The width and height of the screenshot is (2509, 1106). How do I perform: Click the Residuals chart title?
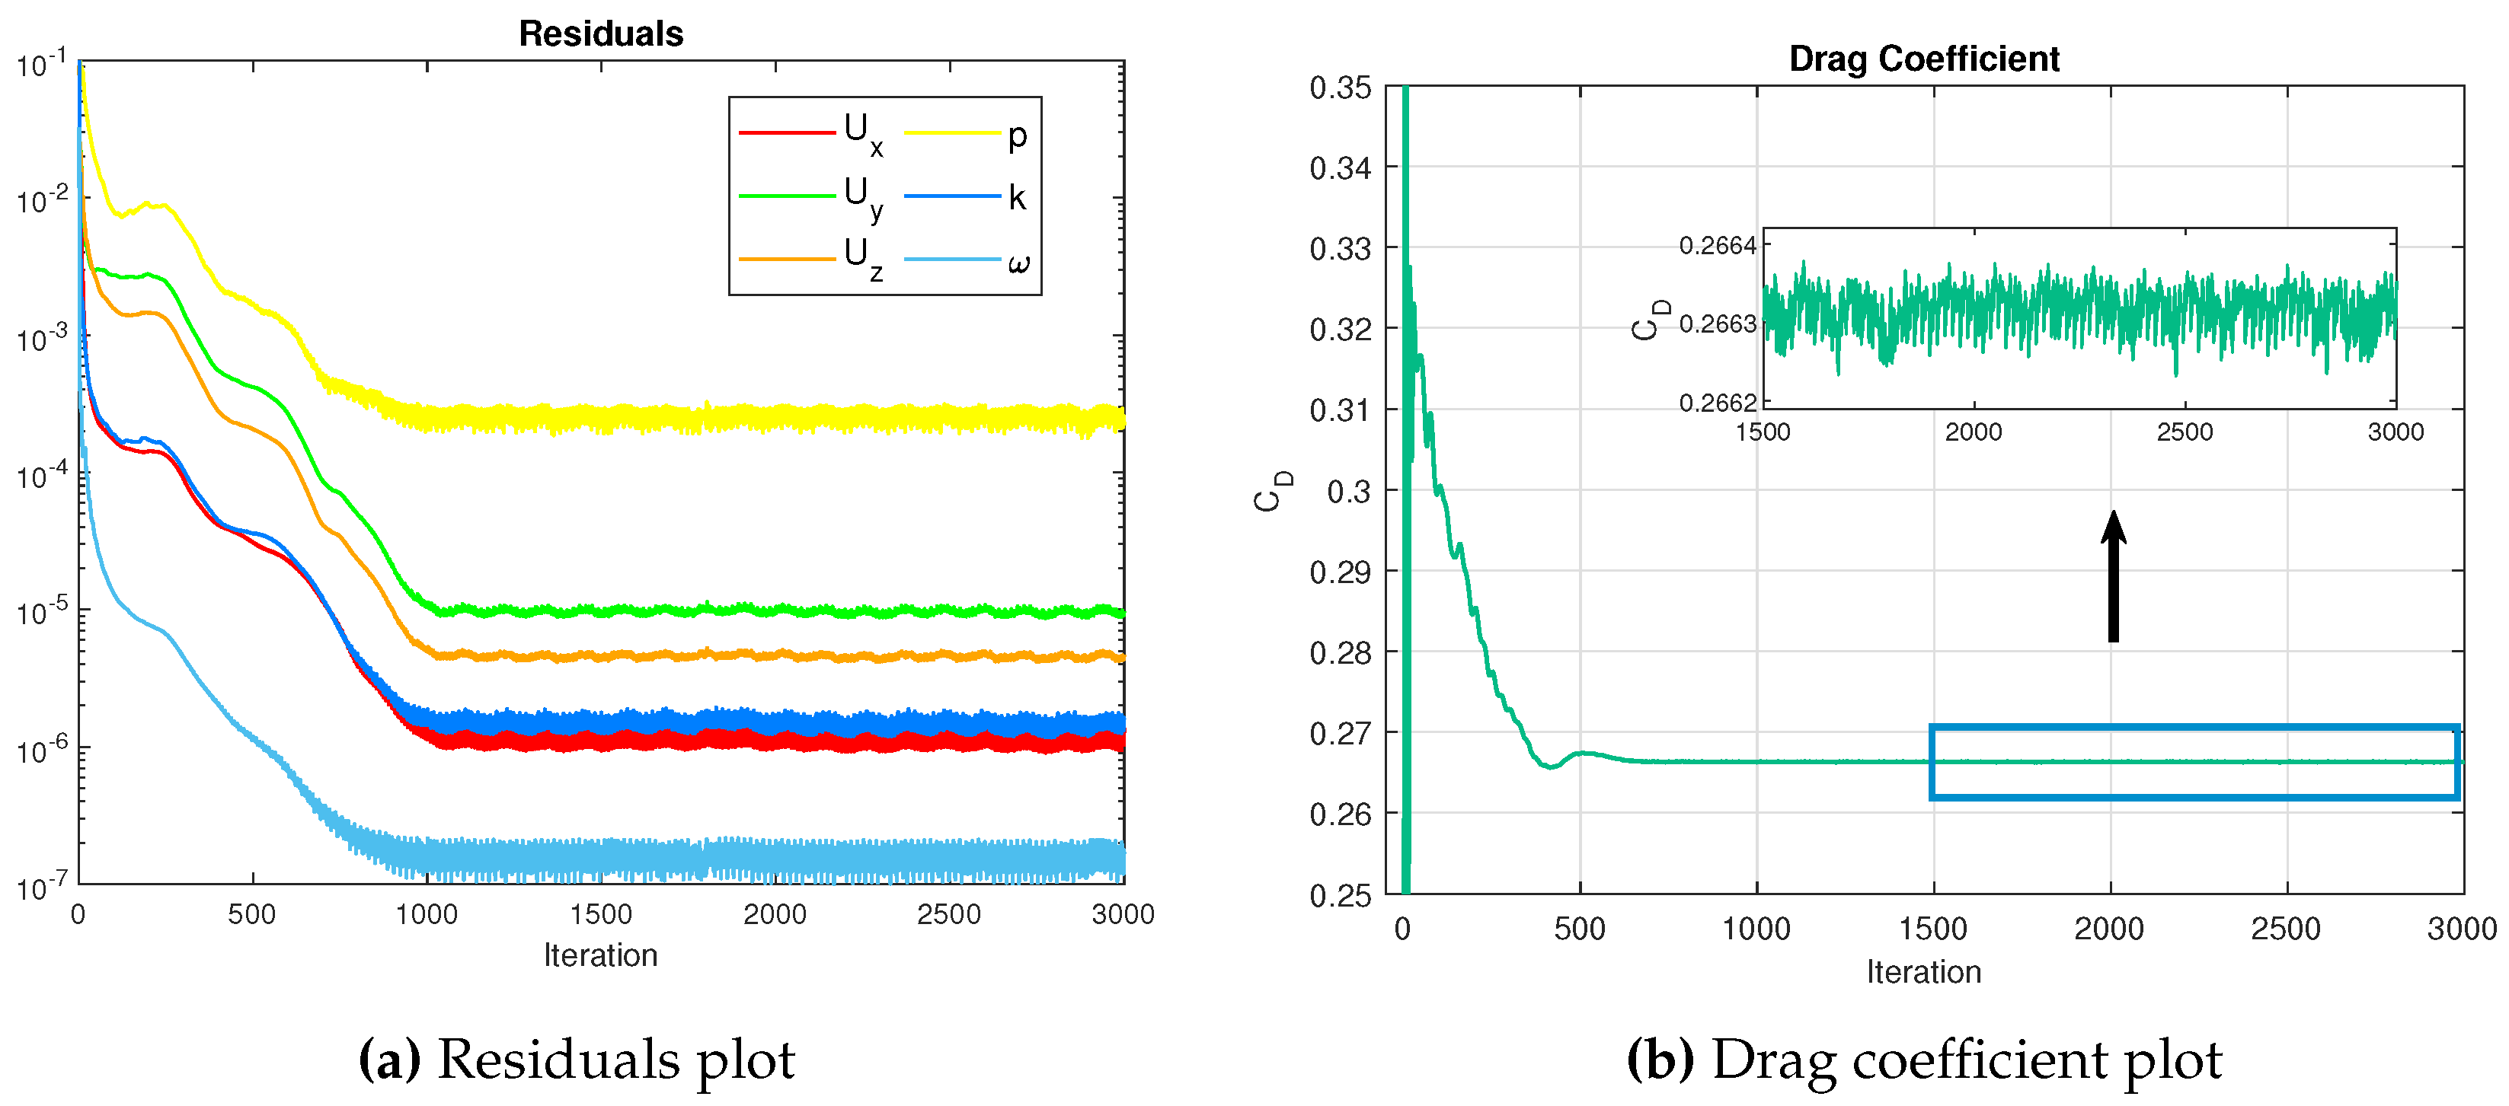coord(601,34)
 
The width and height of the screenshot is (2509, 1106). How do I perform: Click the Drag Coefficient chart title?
coord(1923,59)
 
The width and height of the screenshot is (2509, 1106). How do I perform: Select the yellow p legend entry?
coord(1016,135)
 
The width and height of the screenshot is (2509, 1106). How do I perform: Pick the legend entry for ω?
coord(1018,262)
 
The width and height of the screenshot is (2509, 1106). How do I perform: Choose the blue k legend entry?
coord(1016,198)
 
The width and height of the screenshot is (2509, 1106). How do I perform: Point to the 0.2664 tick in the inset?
coord(1717,245)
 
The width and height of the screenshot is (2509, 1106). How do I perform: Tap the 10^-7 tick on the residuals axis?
coord(43,886)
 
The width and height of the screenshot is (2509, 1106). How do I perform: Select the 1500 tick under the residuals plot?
coord(600,915)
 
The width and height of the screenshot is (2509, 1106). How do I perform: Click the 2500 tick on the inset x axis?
coord(2184,432)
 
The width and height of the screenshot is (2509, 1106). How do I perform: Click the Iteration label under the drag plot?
coord(1923,971)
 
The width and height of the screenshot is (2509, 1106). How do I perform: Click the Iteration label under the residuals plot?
coord(600,955)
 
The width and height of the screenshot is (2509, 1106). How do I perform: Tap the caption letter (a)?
coord(389,1060)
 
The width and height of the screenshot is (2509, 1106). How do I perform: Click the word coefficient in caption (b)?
coord(1978,1060)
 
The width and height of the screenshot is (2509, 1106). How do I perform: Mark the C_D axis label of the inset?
coord(1649,320)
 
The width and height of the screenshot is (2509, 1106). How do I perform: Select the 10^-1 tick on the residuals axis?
coord(43,64)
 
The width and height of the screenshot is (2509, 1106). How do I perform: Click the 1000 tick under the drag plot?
coord(1756,929)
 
